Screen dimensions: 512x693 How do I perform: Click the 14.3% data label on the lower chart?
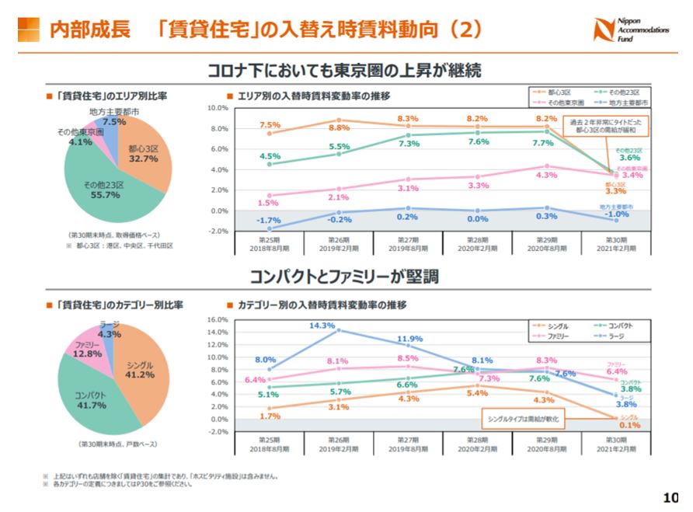[321, 326]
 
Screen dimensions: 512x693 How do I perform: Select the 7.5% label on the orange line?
[270, 125]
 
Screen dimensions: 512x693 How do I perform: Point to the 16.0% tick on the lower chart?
[218, 320]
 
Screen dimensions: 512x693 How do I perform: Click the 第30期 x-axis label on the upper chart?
[617, 243]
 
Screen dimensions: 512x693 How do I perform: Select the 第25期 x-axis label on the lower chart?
[269, 445]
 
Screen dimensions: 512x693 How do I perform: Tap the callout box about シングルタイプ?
[524, 420]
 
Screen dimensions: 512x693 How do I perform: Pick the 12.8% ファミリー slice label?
[87, 349]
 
